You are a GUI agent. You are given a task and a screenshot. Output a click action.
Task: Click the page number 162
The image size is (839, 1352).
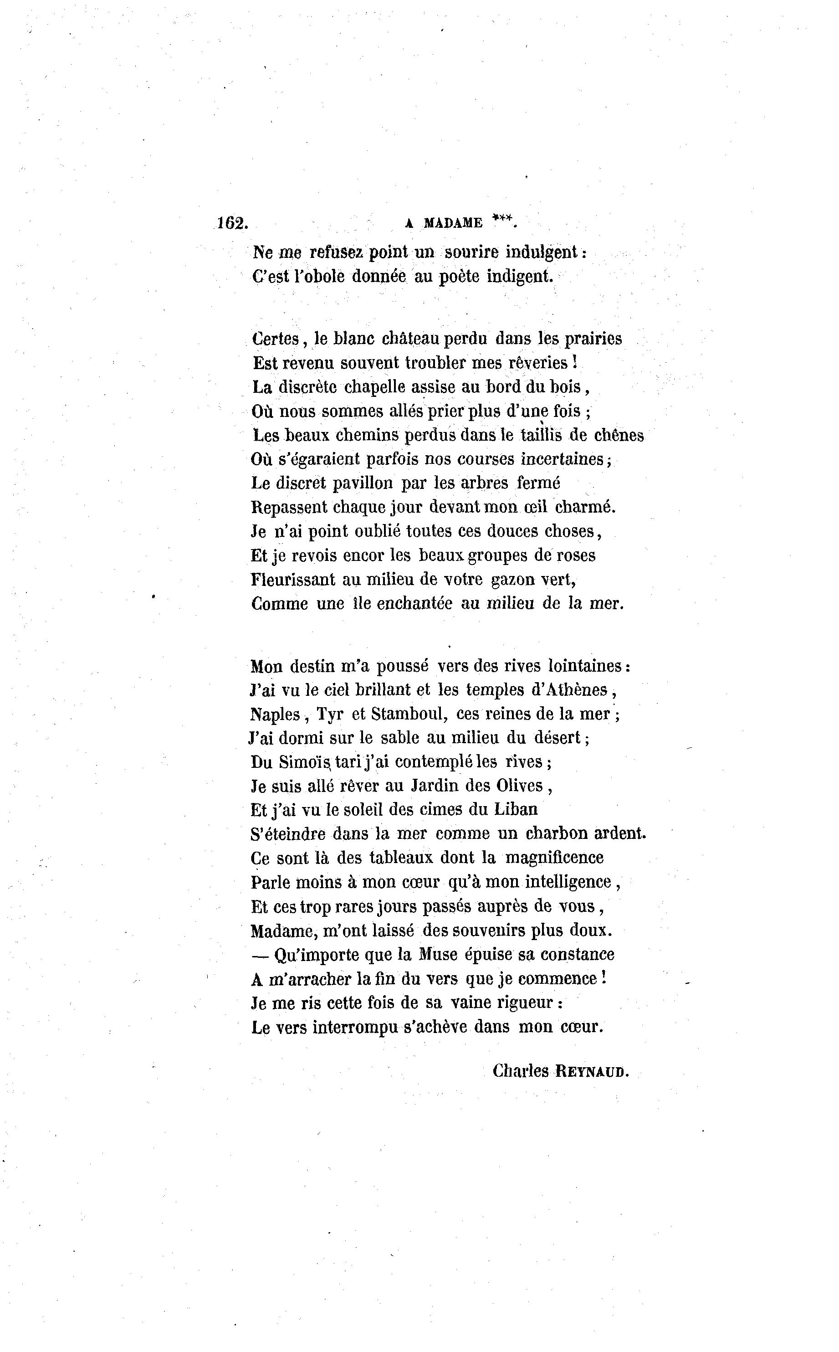(231, 223)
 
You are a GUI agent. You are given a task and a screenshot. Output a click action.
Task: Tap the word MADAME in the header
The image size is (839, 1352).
(453, 224)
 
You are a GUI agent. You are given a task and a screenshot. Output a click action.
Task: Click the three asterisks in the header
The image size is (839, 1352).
(503, 221)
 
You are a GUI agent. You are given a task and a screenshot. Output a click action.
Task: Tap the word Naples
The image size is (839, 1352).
(275, 715)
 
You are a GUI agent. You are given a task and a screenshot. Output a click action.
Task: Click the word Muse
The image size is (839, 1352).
(438, 954)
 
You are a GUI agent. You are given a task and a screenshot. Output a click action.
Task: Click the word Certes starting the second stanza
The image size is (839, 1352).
(276, 339)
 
